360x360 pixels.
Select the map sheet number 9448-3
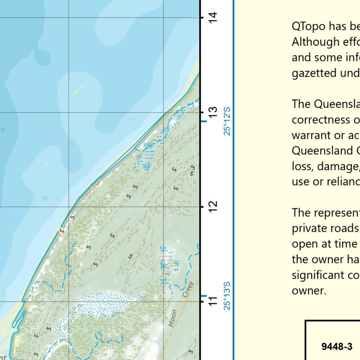[x=337, y=347]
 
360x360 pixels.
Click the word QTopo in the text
[x=308, y=26]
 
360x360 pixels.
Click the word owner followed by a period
[x=308, y=290]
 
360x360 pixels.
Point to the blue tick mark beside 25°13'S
[x=204, y=296]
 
